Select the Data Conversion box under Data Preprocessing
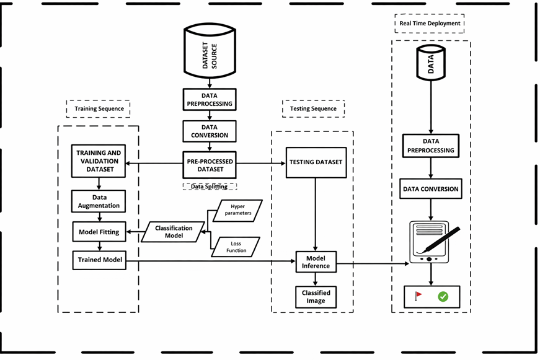tap(210, 131)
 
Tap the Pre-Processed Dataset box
tap(210, 165)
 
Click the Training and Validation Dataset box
tap(99, 161)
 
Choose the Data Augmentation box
tap(99, 201)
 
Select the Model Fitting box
tap(99, 232)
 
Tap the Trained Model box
tap(99, 260)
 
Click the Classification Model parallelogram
tap(174, 232)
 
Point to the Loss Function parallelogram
tap(236, 247)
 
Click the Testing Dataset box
tap(316, 162)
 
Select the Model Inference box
tap(316, 262)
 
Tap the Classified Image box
tap(316, 297)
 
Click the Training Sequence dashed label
tap(99, 108)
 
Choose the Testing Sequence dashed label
tap(313, 108)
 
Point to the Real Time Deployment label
tap(430, 24)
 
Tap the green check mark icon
tap(443, 297)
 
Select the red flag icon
tap(418, 296)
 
